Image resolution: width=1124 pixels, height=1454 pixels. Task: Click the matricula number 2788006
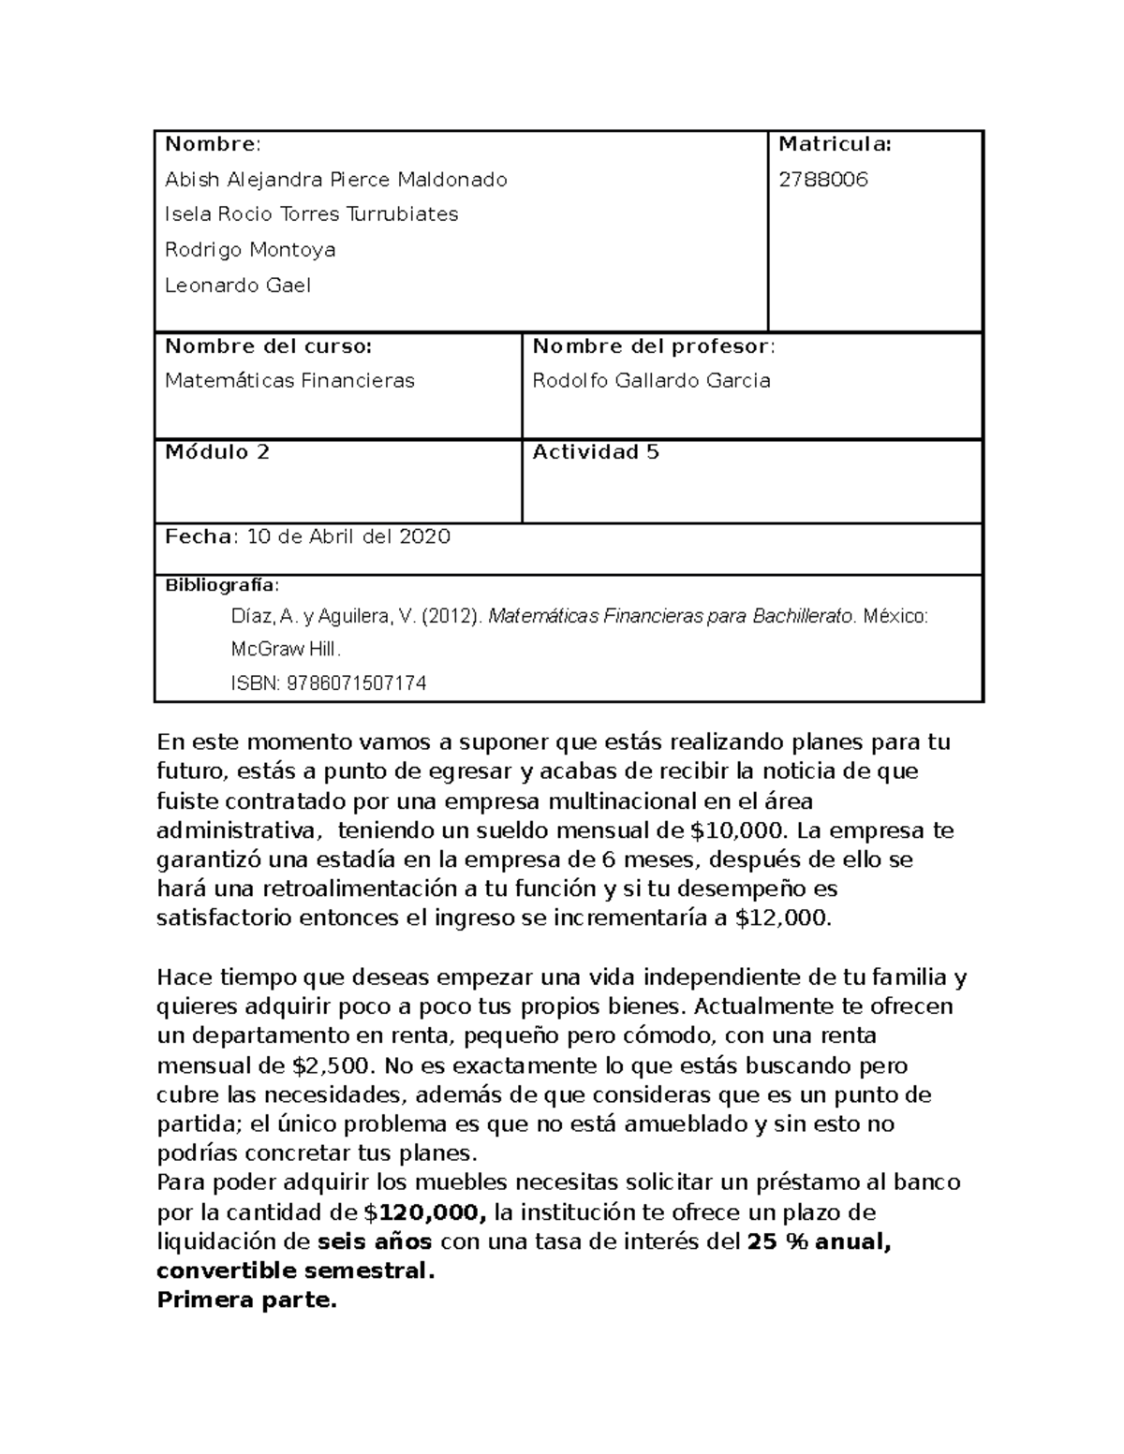click(x=823, y=180)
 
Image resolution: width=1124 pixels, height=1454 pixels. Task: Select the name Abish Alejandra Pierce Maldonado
click(x=335, y=180)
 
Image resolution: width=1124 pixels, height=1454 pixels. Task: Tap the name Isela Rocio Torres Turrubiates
click(x=311, y=214)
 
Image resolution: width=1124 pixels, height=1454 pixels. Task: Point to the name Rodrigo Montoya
click(x=250, y=250)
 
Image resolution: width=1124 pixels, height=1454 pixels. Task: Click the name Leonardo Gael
click(x=237, y=286)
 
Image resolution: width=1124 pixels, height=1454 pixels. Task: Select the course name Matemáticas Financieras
click(x=289, y=381)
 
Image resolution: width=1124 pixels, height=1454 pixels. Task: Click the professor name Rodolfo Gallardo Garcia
click(x=651, y=381)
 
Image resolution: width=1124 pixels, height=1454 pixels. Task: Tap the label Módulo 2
click(x=217, y=452)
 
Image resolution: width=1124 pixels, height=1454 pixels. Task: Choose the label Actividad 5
click(x=596, y=452)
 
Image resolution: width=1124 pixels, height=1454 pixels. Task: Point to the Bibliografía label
click(x=221, y=586)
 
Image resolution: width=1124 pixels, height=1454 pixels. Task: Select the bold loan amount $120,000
click(x=425, y=1213)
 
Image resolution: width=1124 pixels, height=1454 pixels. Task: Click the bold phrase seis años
click(x=375, y=1242)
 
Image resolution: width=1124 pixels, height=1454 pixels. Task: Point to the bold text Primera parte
click(x=246, y=1300)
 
